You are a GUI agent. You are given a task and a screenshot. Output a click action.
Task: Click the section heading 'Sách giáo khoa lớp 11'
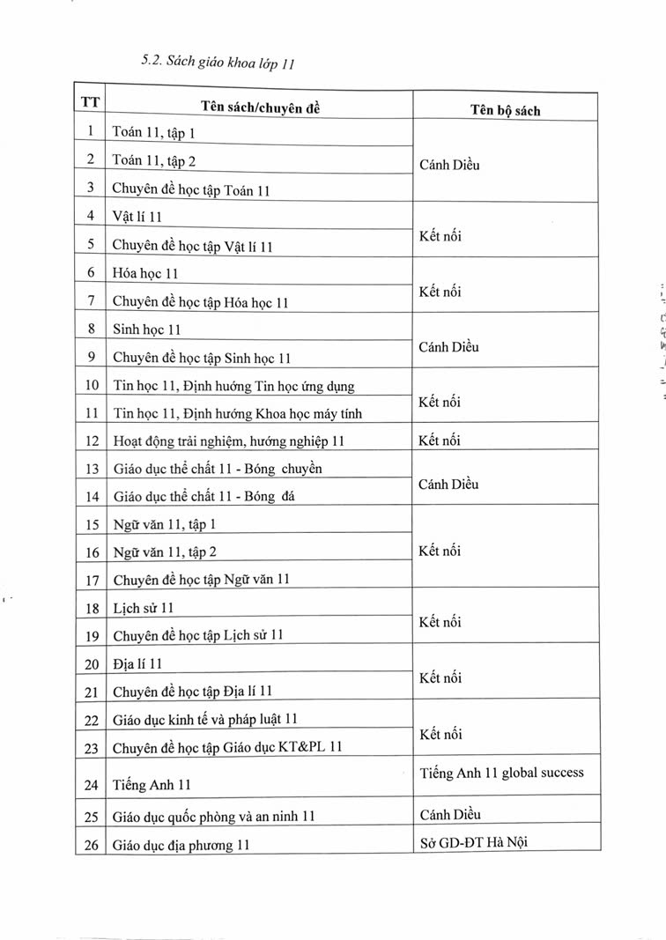coord(228,62)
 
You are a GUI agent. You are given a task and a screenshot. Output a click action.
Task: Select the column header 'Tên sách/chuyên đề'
coord(260,106)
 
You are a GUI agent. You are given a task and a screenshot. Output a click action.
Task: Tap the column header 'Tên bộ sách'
coord(506,110)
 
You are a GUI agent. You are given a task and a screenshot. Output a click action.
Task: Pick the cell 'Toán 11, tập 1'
coord(154,133)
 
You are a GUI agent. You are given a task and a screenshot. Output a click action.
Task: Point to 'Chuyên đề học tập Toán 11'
coord(190,188)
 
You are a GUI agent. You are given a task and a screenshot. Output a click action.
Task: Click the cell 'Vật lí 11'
coord(137,216)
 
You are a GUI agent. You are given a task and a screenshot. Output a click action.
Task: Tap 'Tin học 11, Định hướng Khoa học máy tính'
coord(237,413)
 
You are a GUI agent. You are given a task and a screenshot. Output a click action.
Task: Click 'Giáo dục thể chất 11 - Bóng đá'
coord(203,497)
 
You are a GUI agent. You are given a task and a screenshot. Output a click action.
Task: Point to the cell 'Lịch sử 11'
coord(144,609)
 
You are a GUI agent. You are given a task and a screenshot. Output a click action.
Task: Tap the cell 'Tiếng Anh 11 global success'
coord(501,773)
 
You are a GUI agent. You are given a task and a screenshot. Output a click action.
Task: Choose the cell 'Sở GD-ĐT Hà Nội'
coord(475,841)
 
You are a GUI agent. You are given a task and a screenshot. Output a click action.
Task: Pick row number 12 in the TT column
coord(91,440)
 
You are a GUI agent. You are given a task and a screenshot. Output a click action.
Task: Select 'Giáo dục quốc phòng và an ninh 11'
coord(213,818)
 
